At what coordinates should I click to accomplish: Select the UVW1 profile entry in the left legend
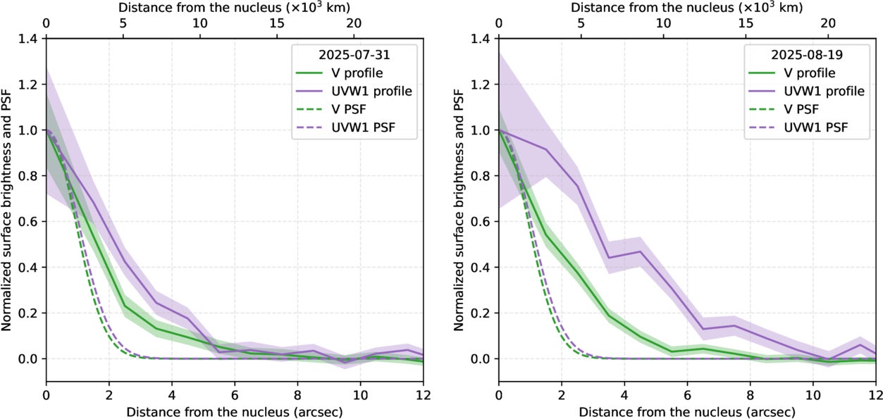click(372, 91)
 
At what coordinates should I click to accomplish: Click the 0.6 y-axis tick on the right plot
click(484, 221)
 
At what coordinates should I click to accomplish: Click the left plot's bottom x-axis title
click(234, 411)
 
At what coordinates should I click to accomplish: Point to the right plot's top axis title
click(686, 8)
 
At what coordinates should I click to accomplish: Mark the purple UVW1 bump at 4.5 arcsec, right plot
click(640, 251)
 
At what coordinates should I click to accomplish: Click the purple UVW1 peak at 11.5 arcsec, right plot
click(860, 344)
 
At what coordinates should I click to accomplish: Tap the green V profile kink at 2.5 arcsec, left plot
click(124, 306)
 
